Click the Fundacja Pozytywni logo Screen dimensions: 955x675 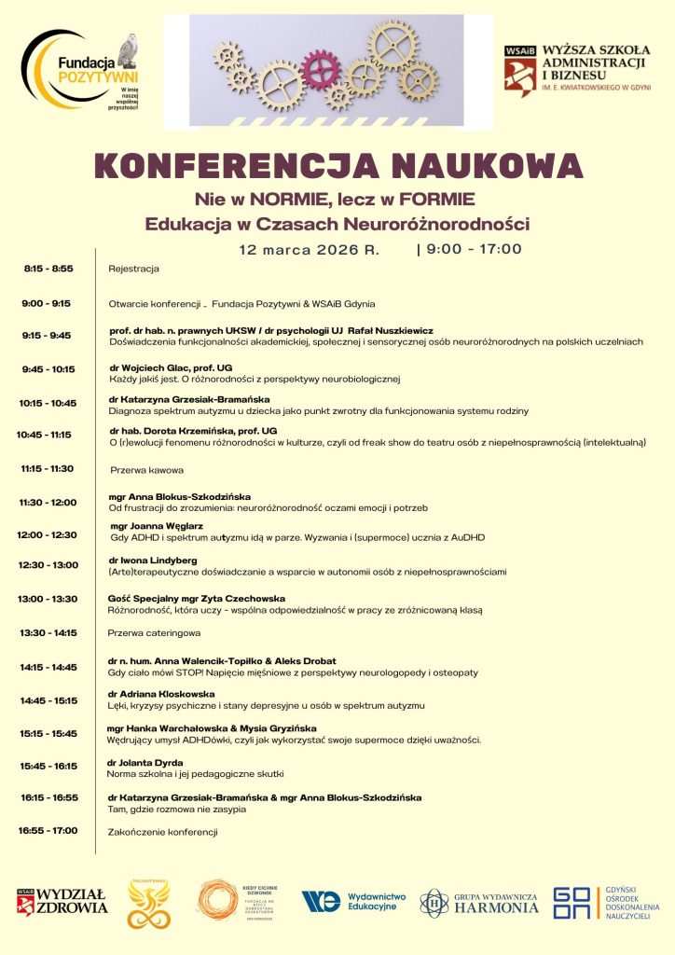(79, 71)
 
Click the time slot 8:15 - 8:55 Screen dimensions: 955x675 (48, 269)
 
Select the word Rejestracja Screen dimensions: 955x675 (133, 269)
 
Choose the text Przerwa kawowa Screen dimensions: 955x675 (146, 470)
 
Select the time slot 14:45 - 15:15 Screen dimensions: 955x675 (48, 699)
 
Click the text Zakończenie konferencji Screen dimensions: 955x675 (162, 831)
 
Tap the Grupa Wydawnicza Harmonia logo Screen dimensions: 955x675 (479, 902)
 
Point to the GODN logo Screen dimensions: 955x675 (606, 902)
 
